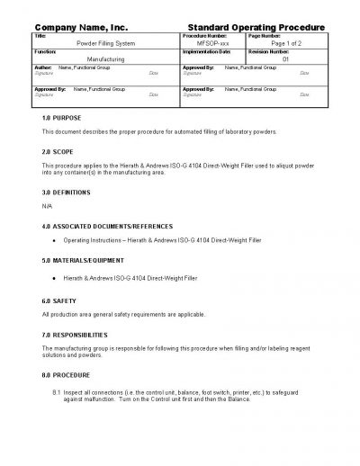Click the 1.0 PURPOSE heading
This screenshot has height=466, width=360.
(61, 119)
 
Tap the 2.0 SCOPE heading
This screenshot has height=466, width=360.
(58, 152)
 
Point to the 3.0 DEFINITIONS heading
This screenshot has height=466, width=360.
(67, 193)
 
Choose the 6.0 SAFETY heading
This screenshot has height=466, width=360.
(59, 300)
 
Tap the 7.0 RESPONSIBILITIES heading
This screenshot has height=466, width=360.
(77, 334)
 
